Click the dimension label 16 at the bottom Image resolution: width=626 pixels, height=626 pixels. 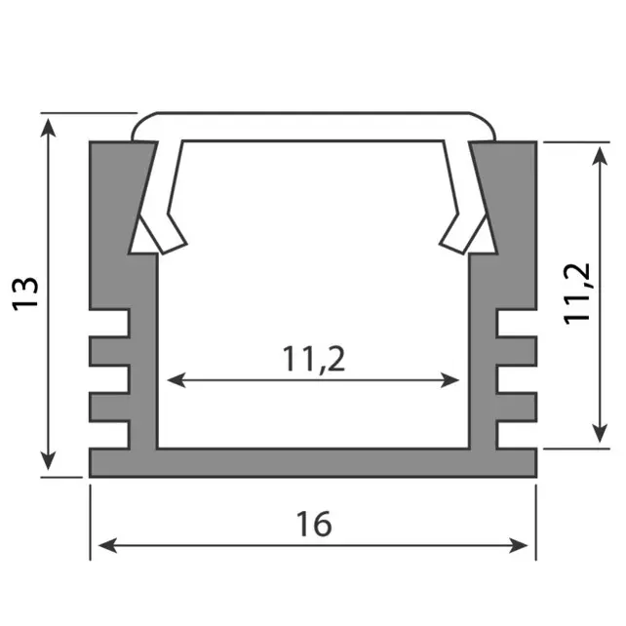click(x=314, y=524)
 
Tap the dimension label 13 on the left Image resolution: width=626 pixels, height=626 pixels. click(x=27, y=293)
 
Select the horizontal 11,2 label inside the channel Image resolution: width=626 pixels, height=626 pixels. click(x=314, y=359)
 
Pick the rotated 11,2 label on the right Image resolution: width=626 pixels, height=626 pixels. click(x=579, y=292)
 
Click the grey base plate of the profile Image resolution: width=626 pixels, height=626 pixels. click(x=313, y=464)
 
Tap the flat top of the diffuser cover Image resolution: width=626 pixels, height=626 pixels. click(x=312, y=124)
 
